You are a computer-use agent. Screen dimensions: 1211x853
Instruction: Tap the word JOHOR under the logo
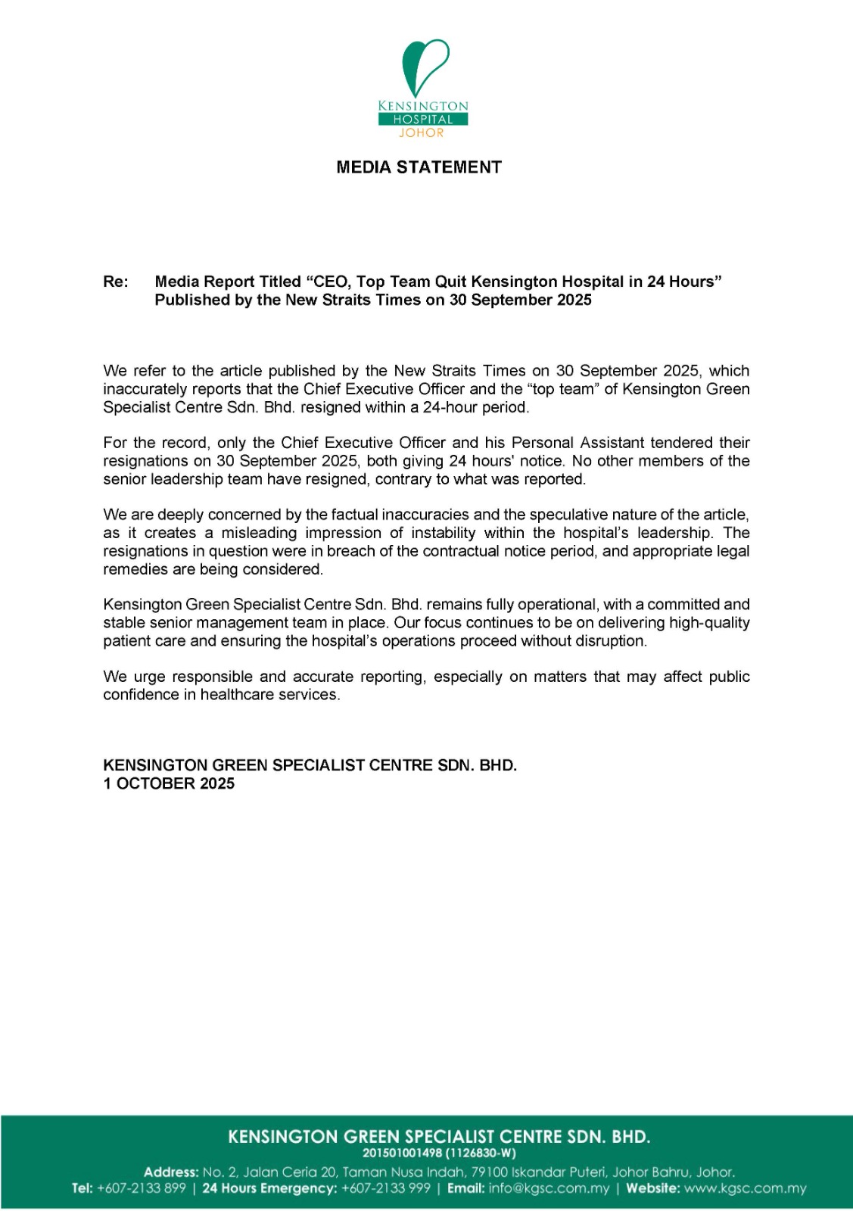point(422,133)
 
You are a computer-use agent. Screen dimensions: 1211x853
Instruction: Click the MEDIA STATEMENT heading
point(419,167)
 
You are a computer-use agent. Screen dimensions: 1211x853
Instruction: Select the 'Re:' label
point(116,282)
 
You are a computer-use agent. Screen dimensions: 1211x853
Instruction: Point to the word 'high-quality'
point(709,623)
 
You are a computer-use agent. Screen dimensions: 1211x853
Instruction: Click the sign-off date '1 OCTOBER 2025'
point(169,783)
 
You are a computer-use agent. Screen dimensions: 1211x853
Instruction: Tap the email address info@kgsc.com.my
point(549,1188)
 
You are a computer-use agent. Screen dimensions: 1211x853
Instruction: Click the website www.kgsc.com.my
point(746,1188)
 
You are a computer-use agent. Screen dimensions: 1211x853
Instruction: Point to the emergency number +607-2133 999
point(386,1188)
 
